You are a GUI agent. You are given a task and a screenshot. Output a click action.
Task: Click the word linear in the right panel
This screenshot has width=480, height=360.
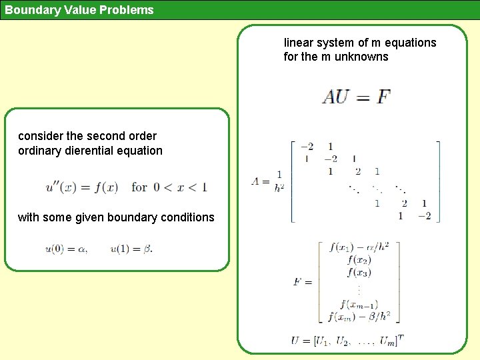298,43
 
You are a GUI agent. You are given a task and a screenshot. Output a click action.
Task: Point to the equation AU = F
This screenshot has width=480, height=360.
356,97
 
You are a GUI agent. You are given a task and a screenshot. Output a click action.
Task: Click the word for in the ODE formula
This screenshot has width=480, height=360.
139,187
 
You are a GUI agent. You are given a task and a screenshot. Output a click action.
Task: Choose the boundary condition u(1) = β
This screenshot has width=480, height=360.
131,249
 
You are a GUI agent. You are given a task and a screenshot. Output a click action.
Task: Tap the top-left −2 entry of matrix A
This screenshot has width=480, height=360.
307,147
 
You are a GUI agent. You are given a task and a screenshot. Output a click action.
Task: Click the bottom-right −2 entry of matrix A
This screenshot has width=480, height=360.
424,215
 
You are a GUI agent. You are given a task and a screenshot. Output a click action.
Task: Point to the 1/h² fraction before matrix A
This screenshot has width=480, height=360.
279,181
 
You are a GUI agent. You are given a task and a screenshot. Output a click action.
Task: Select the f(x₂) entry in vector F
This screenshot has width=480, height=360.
359,260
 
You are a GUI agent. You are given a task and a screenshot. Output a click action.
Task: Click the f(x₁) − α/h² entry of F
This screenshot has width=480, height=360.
359,247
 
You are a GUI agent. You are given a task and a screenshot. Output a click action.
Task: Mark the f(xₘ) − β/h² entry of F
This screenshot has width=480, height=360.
359,317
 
